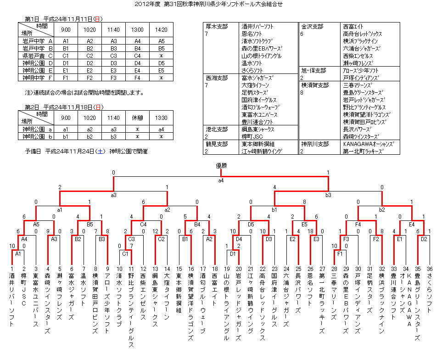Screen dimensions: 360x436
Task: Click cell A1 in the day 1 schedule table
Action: (x=66, y=41)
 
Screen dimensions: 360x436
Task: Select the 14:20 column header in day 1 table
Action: (x=161, y=29)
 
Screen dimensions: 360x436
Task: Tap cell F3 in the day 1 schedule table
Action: (x=113, y=78)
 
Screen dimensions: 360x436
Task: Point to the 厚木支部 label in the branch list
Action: (x=217, y=26)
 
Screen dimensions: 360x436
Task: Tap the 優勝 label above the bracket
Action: (x=221, y=165)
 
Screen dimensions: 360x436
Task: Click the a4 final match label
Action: (x=221, y=180)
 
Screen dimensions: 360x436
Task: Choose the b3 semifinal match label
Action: (x=328, y=195)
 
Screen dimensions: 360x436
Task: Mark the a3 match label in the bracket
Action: (x=113, y=195)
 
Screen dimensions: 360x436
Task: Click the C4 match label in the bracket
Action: (x=143, y=225)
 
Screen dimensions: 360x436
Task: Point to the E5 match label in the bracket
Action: (x=304, y=225)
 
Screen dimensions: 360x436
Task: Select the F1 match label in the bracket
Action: (x=340, y=253)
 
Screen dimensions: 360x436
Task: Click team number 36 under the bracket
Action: (x=430, y=269)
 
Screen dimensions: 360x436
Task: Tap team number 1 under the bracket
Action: (x=12, y=269)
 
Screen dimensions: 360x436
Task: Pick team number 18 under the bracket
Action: (x=215, y=269)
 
